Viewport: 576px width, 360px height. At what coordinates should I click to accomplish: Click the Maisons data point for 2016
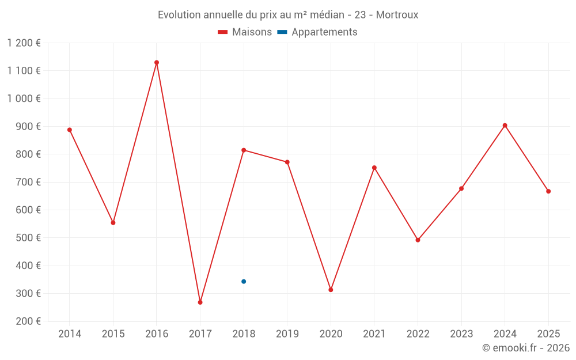157,62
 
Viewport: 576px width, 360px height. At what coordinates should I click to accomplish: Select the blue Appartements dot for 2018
244,282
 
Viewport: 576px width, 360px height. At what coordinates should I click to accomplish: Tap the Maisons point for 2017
200,302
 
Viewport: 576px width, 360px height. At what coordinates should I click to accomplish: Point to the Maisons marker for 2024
505,125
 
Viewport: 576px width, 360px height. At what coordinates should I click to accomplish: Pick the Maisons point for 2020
331,290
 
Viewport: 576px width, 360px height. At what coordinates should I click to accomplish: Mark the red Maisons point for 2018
244,150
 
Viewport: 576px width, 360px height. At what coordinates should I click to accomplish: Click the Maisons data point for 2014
70,130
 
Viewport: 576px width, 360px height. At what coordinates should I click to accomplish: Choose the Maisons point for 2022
418,240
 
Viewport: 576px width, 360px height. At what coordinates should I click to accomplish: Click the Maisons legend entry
245,32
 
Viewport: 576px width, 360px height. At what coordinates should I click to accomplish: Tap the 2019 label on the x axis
287,334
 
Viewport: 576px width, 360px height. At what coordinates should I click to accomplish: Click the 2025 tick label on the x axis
548,334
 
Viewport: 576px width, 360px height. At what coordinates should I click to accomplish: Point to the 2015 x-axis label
113,334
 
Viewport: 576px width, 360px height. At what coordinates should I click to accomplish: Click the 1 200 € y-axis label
24,43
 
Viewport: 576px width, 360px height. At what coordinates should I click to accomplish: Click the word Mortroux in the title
397,14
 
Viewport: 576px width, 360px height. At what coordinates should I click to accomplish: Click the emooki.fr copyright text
526,348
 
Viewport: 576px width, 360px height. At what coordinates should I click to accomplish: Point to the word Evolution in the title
180,14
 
